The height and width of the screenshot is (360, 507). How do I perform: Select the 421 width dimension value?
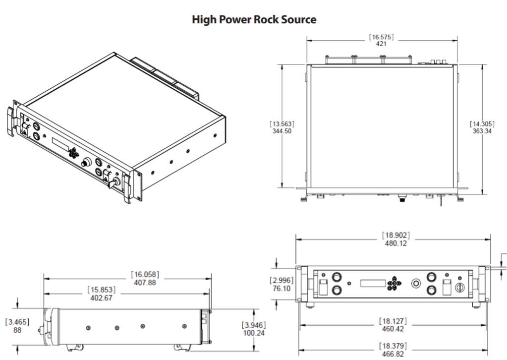pos(381,43)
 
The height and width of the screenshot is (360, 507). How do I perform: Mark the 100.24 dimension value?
pos(253,333)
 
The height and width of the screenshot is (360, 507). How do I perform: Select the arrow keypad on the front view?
pos(394,283)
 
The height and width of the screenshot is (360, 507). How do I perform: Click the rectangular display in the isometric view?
pos(60,144)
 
